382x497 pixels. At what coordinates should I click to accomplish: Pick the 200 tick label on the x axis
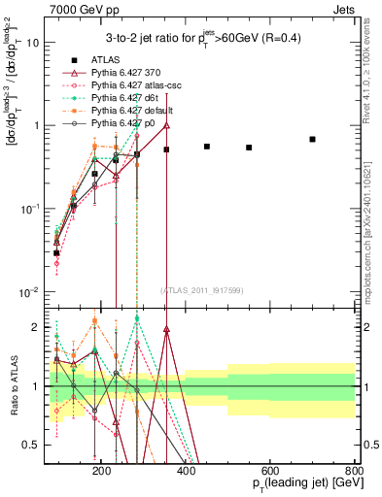179,469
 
